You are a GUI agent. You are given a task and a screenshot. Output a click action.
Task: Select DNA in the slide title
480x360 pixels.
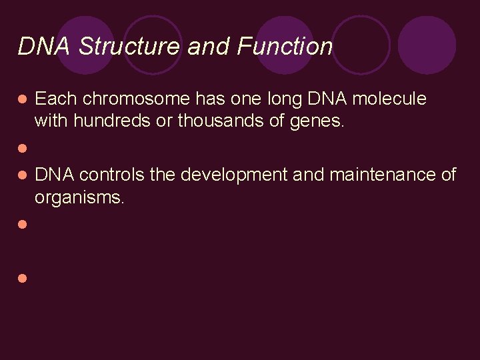[x=45, y=46]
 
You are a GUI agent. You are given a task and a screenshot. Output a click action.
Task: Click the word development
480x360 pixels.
[x=233, y=175]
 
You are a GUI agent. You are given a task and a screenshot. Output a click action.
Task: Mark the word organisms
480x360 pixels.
[x=79, y=199]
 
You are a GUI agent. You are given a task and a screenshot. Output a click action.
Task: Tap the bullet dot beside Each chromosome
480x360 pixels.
[x=22, y=99]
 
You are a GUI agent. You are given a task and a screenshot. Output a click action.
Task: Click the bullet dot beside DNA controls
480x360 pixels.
[x=22, y=175]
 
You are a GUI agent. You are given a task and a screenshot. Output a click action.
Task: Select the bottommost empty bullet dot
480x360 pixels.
[x=22, y=278]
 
